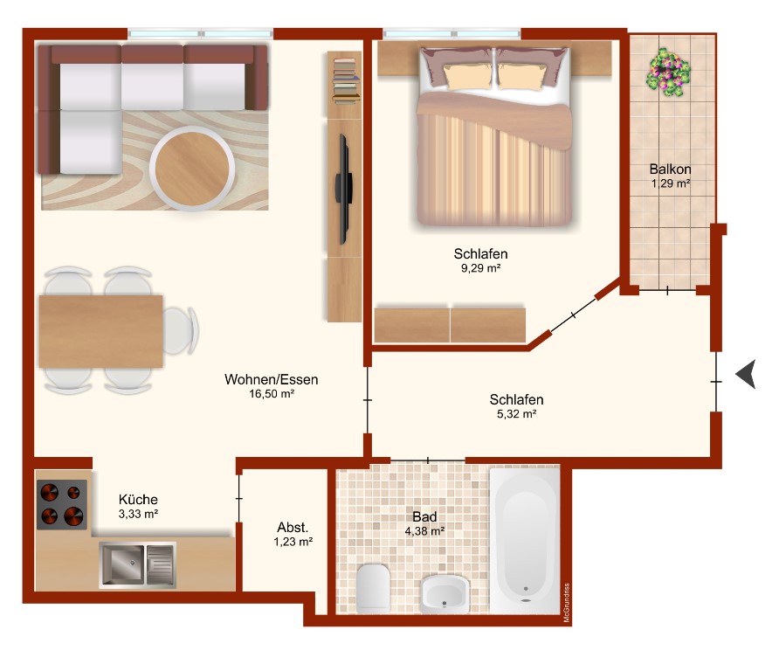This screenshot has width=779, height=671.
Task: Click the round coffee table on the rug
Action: [192, 168]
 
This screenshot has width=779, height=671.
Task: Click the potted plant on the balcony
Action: [668, 72]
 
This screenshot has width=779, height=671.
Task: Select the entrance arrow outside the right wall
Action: [746, 374]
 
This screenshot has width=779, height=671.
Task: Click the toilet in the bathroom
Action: [373, 588]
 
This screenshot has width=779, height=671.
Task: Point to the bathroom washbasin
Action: [445, 594]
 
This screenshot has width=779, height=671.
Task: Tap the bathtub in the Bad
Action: [525, 540]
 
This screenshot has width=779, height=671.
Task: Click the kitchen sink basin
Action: [122, 564]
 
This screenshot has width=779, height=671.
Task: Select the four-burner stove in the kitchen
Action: [62, 504]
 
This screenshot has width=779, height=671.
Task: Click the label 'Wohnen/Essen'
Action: [272, 380]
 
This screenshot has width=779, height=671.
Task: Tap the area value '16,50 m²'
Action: [272, 394]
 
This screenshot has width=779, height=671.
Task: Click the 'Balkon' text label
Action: [670, 169]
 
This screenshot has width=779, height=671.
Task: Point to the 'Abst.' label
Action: [293, 528]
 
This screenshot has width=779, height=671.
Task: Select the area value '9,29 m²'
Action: [480, 268]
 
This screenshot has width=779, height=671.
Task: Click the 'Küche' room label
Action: [138, 500]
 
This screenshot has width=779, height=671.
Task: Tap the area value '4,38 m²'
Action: [424, 531]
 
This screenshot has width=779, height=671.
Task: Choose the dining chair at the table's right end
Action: [181, 330]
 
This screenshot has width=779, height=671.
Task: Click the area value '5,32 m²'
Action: [517, 414]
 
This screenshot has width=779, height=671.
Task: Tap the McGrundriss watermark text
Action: [567, 602]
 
